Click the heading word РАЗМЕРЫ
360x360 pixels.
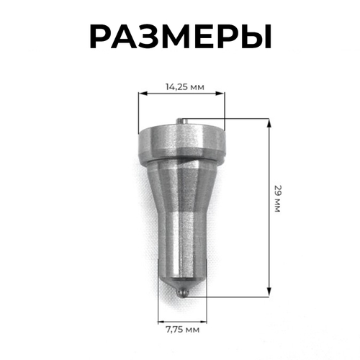tap(180, 35)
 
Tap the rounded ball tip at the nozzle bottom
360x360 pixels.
tap(183, 292)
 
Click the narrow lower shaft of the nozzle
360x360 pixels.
tap(181, 248)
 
